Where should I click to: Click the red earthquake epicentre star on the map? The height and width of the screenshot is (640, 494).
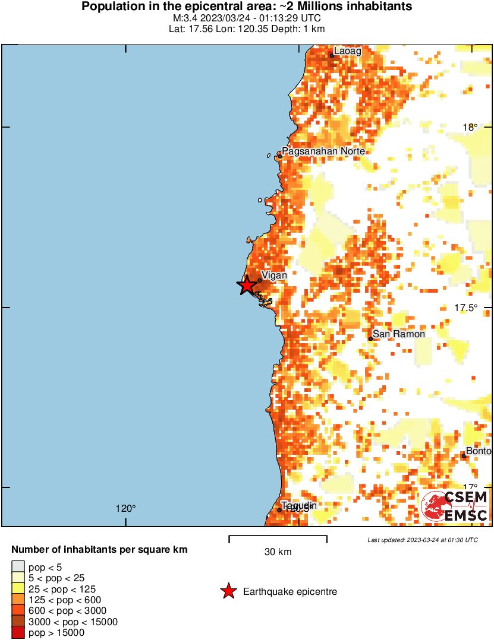click(247, 286)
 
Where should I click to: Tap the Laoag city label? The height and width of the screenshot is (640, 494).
click(347, 51)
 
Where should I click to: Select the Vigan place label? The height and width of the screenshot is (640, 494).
click(275, 275)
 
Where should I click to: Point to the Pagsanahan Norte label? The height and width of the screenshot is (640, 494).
click(323, 151)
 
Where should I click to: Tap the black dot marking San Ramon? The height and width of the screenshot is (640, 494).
click(370, 338)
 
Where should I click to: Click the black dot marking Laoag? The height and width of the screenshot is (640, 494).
click(332, 56)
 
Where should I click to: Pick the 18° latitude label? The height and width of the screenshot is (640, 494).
click(470, 127)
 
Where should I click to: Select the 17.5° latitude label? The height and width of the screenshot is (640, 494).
click(465, 308)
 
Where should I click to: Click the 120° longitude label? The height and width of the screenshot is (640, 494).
click(125, 508)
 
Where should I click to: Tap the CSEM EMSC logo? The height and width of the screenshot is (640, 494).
click(455, 506)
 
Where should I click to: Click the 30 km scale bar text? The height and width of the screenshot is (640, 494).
click(278, 552)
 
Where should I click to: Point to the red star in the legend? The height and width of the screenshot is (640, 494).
click(228, 591)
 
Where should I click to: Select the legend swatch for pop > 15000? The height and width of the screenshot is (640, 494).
click(18, 633)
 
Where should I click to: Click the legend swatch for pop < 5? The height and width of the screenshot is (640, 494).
click(18, 568)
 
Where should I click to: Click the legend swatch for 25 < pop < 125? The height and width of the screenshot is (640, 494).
click(18, 590)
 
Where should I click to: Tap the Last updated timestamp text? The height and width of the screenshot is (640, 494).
click(422, 540)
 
